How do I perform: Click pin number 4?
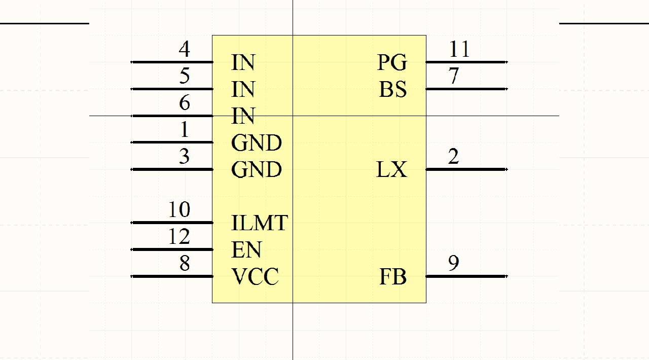pyautogui.click(x=185, y=50)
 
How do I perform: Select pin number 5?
pyautogui.click(x=185, y=77)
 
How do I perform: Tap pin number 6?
pyautogui.click(x=185, y=103)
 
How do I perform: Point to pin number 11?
pyautogui.click(x=459, y=50)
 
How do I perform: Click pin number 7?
pyautogui.click(x=454, y=77)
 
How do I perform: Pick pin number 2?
pyautogui.click(x=454, y=156)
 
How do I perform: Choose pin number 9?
pyautogui.click(x=454, y=263)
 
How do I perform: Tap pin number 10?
pyautogui.click(x=179, y=210)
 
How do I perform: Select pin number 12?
pyautogui.click(x=179, y=237)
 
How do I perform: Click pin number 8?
pyautogui.click(x=185, y=264)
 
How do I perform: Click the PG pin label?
pyautogui.click(x=392, y=63)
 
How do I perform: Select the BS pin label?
pyautogui.click(x=393, y=90)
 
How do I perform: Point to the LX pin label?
pyautogui.click(x=391, y=170)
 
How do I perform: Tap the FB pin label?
pyautogui.click(x=393, y=277)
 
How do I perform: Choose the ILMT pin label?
pyautogui.click(x=260, y=223)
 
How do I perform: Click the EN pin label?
pyautogui.click(x=246, y=250)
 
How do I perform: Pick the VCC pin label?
pyautogui.click(x=255, y=277)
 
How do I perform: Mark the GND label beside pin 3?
pyautogui.click(x=257, y=170)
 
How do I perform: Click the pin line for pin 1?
pyautogui.click(x=172, y=142)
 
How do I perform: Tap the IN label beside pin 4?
pyautogui.click(x=243, y=63)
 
